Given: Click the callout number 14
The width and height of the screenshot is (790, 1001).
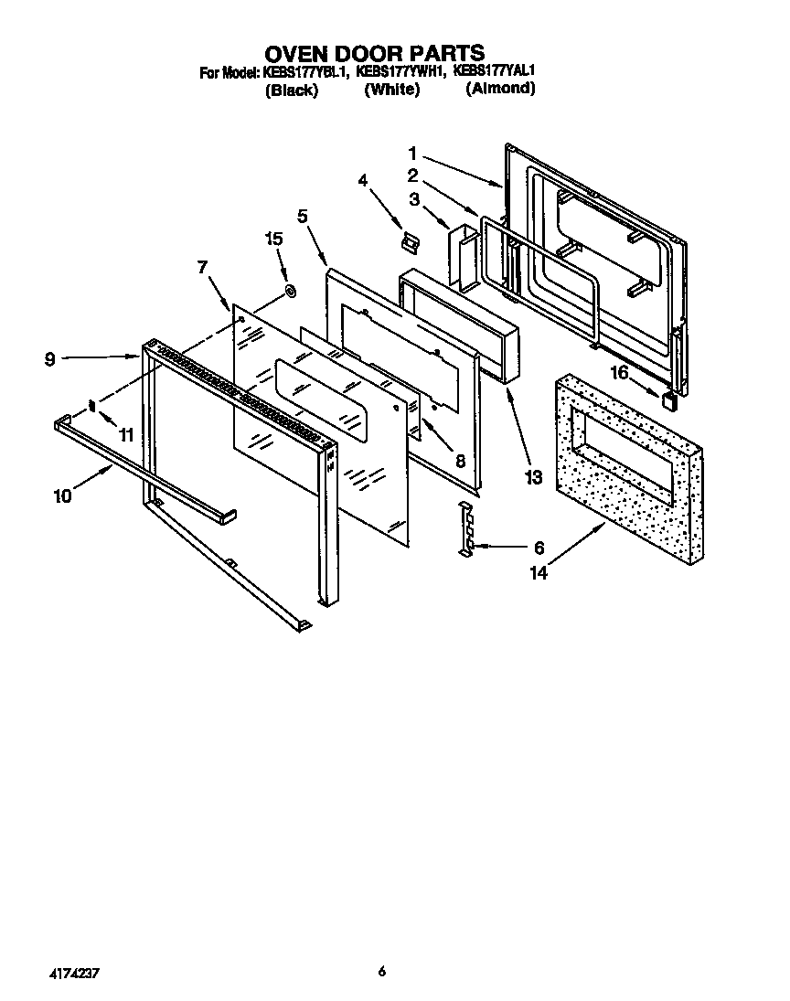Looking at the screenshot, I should (539, 573).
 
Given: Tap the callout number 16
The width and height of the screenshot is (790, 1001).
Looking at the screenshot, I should (620, 372).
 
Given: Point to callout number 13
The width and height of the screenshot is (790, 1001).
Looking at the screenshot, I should (533, 476).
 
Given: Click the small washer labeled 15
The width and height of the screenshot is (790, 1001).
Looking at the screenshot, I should (290, 292).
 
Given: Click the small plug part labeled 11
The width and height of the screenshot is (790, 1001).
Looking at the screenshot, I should (91, 406).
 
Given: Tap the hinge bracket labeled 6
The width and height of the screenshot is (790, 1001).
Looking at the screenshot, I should (467, 527).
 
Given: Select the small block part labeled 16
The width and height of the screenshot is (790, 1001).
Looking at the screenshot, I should (670, 396).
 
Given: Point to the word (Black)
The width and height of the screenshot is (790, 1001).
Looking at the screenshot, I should (291, 90).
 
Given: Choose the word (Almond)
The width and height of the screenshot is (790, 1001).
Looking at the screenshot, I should (499, 89).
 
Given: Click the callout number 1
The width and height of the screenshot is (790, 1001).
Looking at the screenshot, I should (413, 153).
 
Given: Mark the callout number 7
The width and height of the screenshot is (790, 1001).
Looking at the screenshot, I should (202, 267).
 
